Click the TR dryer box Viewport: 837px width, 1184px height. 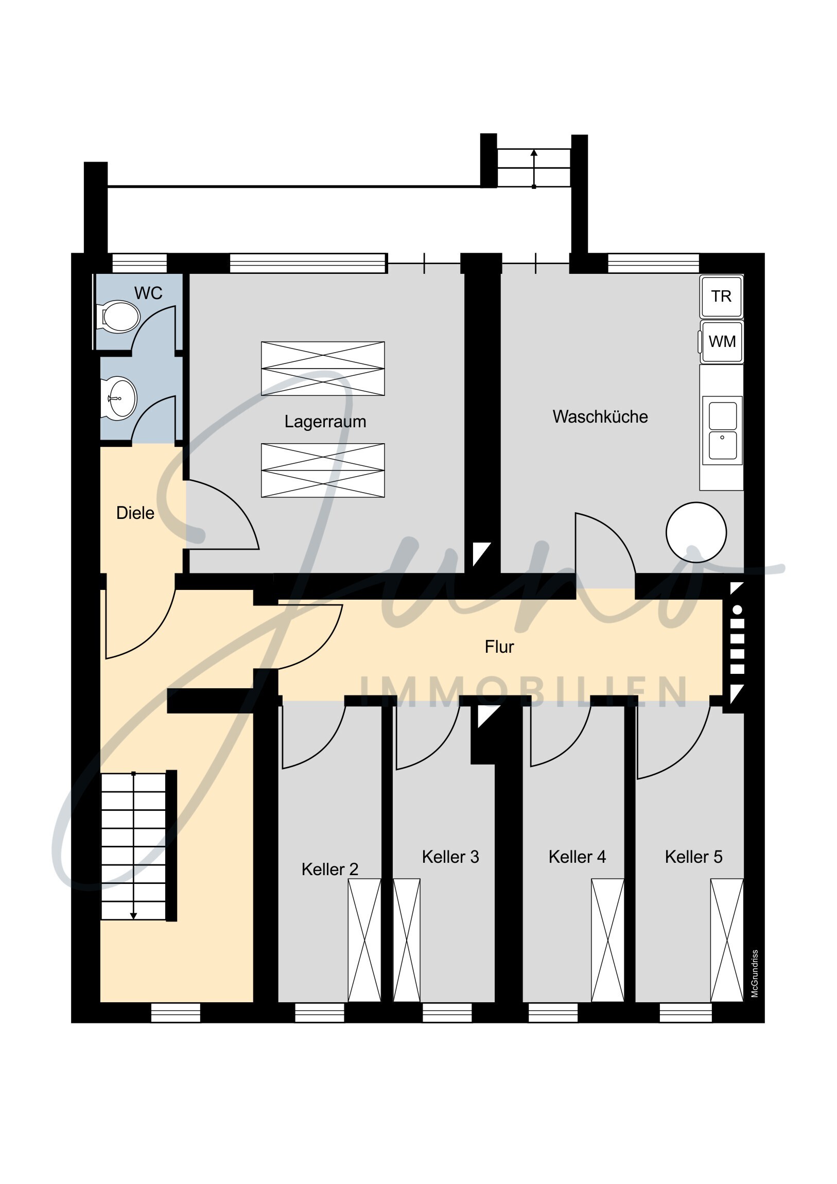pos(721,297)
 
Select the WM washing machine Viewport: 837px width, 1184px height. pos(721,341)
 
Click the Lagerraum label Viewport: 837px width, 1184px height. pos(325,421)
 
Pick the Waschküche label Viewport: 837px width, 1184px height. pos(600,416)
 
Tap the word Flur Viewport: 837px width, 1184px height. pos(499,647)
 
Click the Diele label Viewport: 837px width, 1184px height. pos(135,513)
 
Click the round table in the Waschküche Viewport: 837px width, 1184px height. pos(696,532)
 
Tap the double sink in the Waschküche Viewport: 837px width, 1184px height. pos(723,430)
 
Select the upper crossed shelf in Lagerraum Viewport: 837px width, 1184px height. pos(323,369)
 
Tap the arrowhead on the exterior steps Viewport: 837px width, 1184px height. pos(534,153)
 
